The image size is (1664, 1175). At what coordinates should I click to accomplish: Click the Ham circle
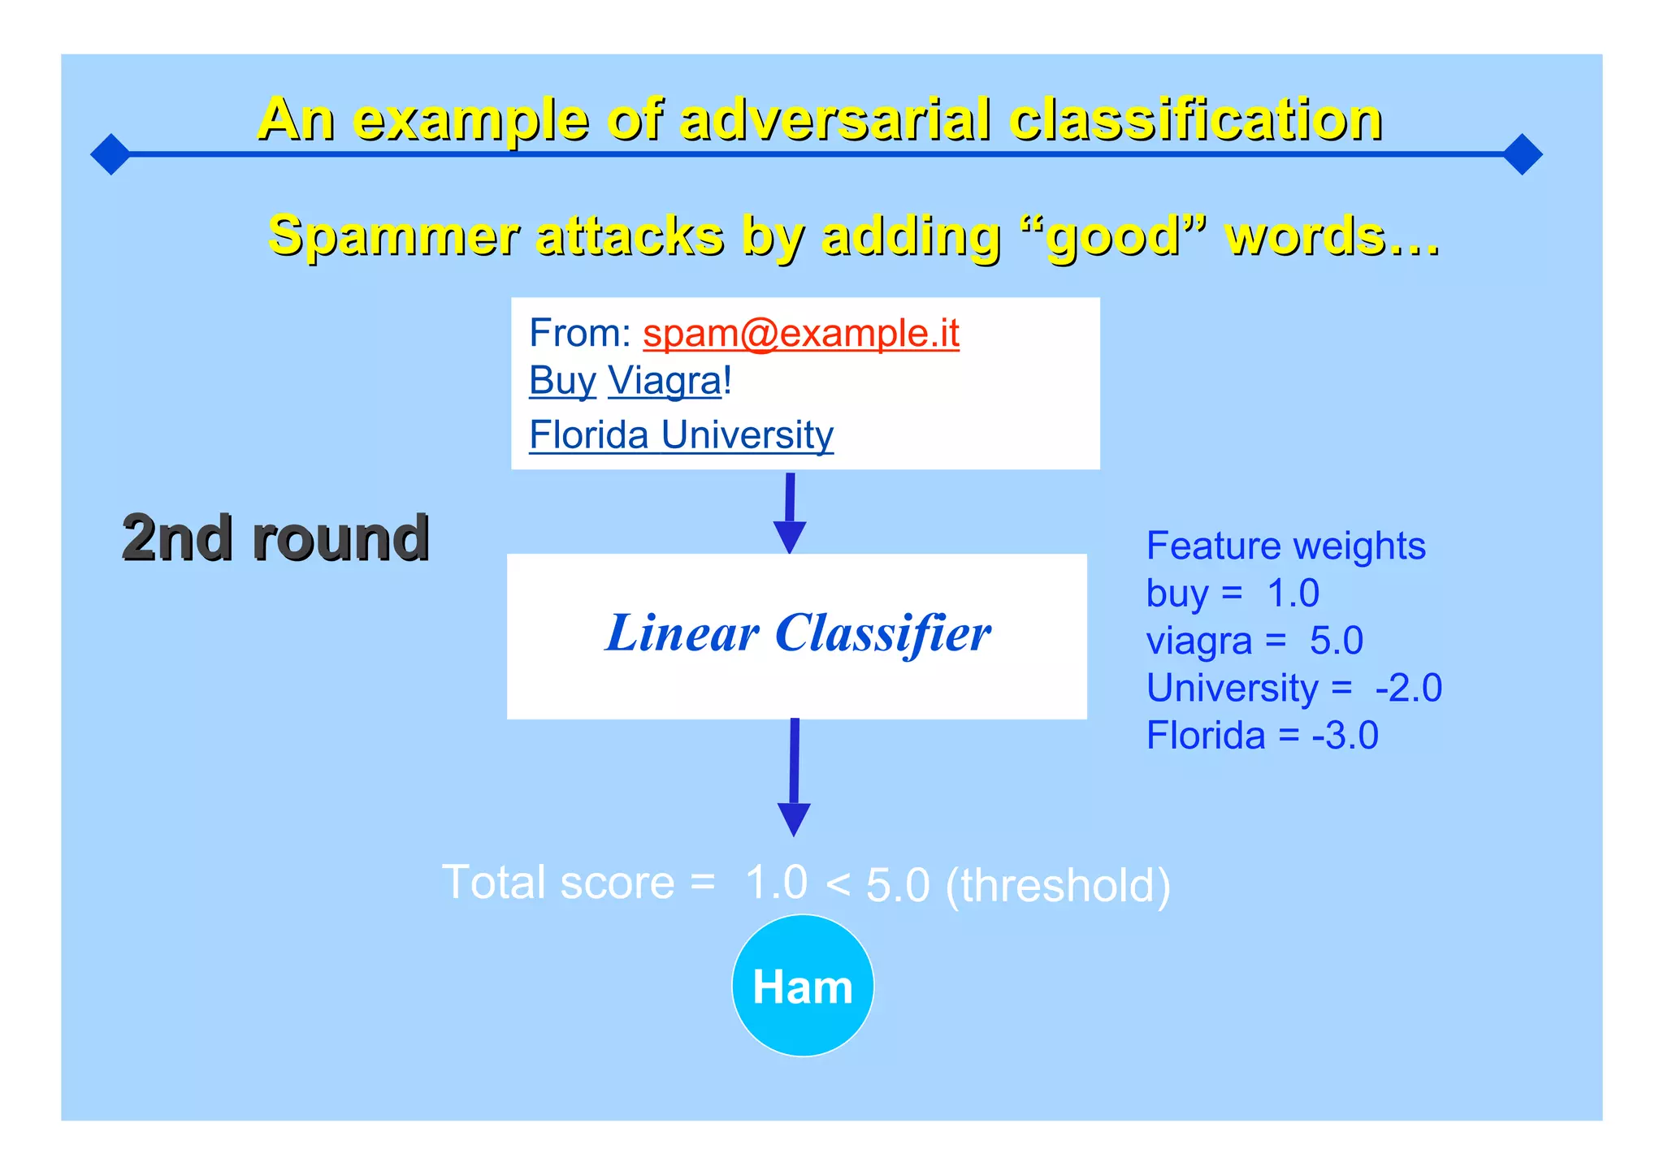click(x=802, y=985)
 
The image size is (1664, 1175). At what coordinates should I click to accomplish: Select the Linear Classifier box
click(x=796, y=636)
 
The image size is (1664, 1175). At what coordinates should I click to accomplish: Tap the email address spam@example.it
click(x=800, y=333)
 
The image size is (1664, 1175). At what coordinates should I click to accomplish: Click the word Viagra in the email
click(x=664, y=381)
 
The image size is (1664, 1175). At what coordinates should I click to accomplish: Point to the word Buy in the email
click(x=562, y=381)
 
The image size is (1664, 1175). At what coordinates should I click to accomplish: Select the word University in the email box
click(x=747, y=434)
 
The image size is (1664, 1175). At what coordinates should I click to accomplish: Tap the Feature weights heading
click(x=1285, y=546)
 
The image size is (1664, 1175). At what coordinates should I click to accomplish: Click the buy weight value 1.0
click(x=1293, y=594)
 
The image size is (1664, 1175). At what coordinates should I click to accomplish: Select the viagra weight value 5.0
click(x=1336, y=641)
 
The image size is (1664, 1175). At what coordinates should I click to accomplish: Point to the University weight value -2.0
click(x=1408, y=688)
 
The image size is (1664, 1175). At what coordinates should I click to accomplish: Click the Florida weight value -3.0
click(x=1345, y=736)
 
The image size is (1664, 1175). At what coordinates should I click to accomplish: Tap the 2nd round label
click(x=275, y=538)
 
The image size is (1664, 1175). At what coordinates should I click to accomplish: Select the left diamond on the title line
click(x=110, y=154)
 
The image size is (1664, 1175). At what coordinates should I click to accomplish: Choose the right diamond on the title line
click(x=1523, y=154)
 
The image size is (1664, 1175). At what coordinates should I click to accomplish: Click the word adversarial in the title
click(x=835, y=119)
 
